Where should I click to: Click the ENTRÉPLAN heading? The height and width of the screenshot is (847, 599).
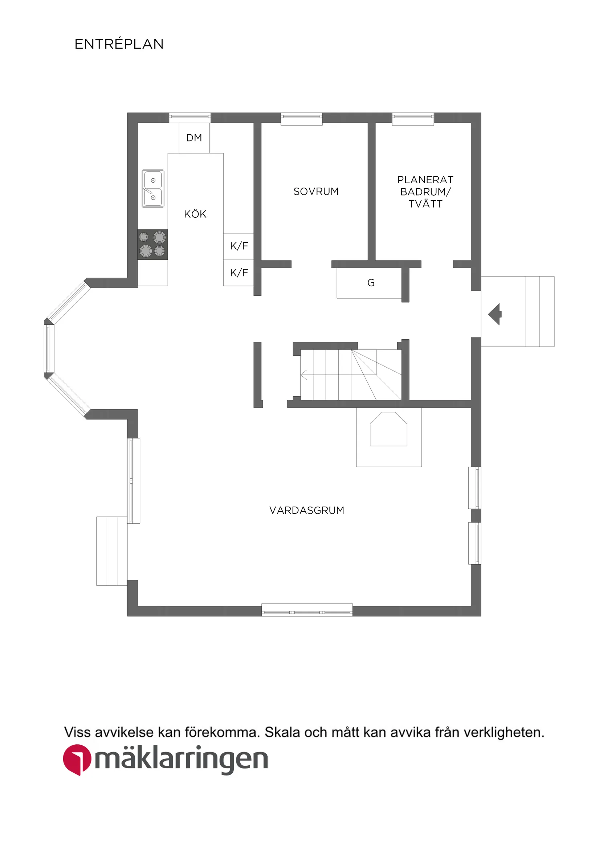click(119, 44)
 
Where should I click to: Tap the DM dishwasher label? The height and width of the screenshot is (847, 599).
click(194, 138)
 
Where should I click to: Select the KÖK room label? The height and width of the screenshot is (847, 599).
click(195, 214)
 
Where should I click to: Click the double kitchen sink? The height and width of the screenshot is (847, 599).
click(153, 188)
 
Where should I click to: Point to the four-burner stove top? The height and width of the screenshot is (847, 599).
click(152, 244)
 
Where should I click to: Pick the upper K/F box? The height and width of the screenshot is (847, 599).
click(239, 246)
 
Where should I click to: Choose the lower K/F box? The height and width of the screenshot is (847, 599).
click(239, 273)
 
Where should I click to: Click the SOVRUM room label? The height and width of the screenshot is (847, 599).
click(315, 192)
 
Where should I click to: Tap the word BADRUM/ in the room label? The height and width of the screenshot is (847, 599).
click(425, 192)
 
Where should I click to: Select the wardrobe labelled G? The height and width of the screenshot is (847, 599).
click(370, 283)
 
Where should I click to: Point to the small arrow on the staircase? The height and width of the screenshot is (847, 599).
click(304, 375)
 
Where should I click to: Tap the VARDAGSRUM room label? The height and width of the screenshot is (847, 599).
click(306, 510)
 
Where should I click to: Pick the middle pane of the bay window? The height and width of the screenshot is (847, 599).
click(49, 348)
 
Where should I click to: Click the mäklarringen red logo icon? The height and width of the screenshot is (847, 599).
click(77, 760)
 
